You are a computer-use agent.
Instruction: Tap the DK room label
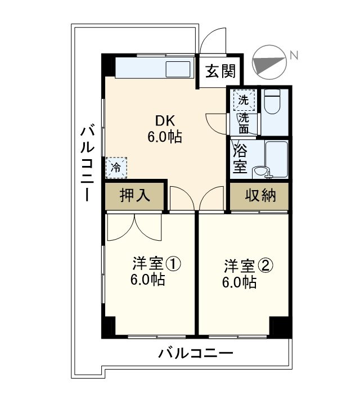165,120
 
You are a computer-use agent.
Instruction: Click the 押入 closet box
135,196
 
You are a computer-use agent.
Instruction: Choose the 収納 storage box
260,196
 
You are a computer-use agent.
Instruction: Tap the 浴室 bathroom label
241,158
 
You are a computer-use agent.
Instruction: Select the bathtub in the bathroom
277,159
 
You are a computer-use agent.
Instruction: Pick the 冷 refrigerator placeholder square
116,166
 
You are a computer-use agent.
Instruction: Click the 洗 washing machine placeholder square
244,100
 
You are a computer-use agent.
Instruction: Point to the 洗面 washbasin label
244,123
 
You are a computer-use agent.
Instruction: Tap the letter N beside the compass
293,54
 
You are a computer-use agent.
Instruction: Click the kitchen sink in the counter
180,70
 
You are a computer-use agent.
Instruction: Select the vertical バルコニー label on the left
88,163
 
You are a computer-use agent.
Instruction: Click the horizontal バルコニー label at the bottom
195,353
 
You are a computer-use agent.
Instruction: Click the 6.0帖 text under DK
165,137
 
